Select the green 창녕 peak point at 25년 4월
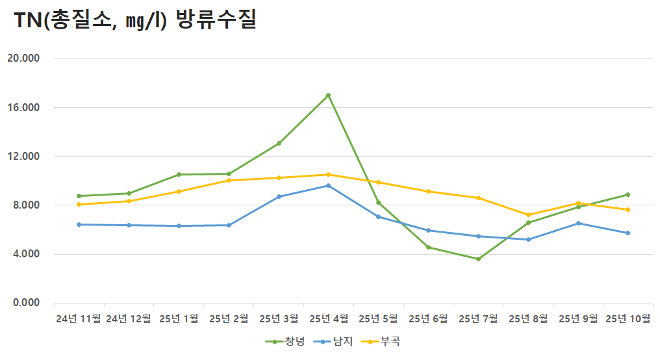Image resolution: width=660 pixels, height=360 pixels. pos(328,96)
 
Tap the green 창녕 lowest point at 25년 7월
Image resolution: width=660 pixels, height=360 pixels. pos(478,259)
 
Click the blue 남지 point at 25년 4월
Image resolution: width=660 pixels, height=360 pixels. pos(328,185)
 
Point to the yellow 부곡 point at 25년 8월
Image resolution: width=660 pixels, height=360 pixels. pos(528,215)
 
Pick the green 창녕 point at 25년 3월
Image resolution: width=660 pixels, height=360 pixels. pos(279,143)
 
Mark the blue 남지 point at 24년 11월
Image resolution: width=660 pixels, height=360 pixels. pos(79,224)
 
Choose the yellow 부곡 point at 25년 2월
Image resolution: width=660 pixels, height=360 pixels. pos(229,180)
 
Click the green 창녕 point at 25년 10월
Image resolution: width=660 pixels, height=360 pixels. pos(628,194)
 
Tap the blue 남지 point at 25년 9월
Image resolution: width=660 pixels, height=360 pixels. pos(578,223)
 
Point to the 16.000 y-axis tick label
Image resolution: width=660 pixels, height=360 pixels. pos(23,107)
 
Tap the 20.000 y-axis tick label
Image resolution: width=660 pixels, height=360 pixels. pos(23,58)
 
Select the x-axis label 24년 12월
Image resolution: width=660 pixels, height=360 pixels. pos(129,318)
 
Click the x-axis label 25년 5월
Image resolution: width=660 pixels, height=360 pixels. pos(378,318)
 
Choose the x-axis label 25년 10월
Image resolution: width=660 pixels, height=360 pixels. pos(628,318)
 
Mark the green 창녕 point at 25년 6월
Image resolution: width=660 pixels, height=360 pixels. pos(428,247)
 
